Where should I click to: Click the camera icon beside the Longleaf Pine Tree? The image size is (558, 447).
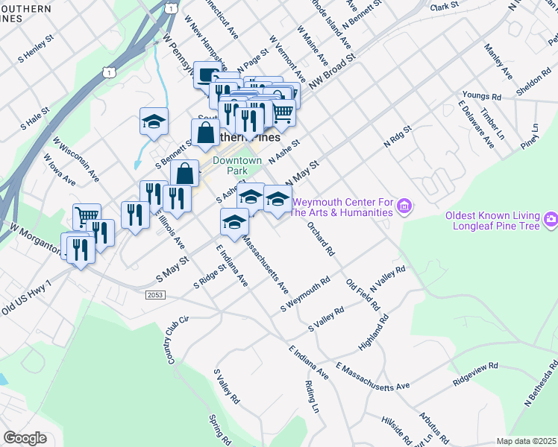click(x=551, y=219)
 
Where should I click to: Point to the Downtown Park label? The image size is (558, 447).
click(x=237, y=165)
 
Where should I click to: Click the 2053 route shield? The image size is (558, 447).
click(x=156, y=296)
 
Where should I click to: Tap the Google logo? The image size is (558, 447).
click(x=25, y=437)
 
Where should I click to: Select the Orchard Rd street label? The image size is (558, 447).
click(x=320, y=237)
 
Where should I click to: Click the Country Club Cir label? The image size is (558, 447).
click(x=175, y=339)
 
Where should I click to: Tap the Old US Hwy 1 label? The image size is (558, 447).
click(x=27, y=297)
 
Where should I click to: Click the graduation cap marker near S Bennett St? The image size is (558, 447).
click(x=154, y=121)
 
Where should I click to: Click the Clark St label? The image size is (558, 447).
click(x=443, y=7)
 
